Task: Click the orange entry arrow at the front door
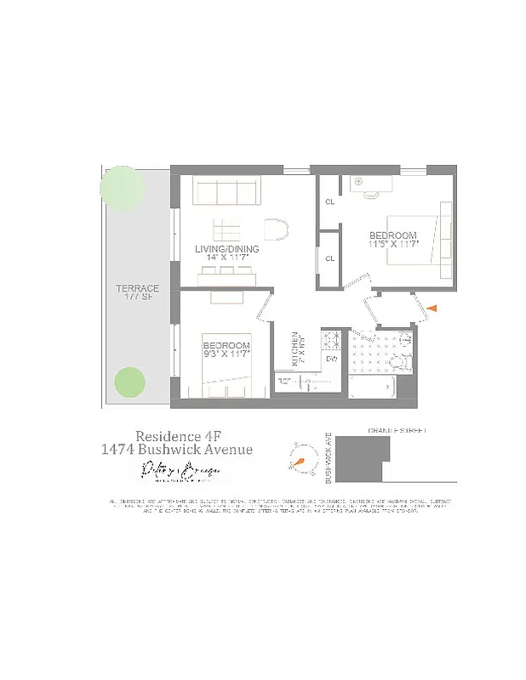[432, 309]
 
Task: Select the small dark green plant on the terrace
[129, 382]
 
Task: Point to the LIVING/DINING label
[227, 249]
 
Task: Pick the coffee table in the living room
[228, 229]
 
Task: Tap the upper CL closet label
[330, 202]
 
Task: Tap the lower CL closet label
[330, 258]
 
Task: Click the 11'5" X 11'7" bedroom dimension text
[392, 245]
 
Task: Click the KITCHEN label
[295, 347]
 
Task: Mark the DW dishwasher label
[332, 359]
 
